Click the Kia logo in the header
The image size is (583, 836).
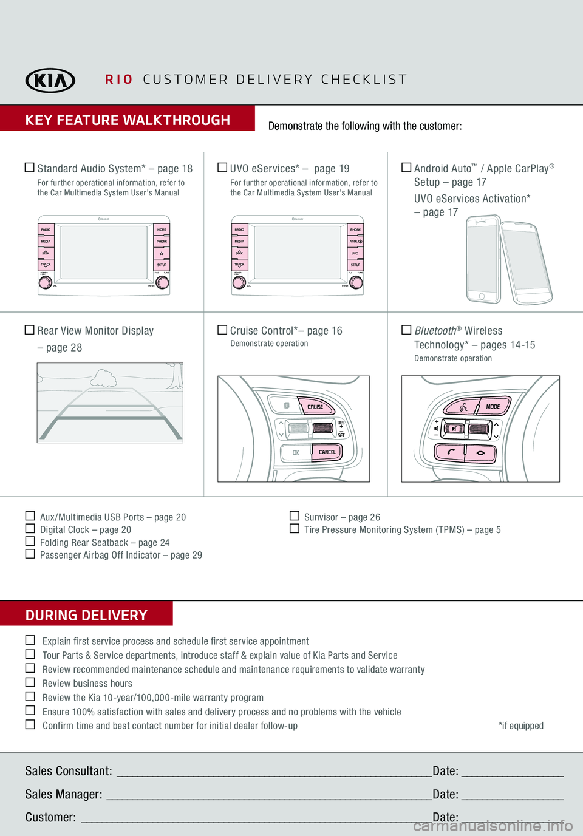(50, 80)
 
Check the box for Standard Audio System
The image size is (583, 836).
(29, 168)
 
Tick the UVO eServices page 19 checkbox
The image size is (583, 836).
(222, 168)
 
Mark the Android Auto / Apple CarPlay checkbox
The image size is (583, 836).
(406, 168)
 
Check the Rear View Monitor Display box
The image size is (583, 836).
(29, 330)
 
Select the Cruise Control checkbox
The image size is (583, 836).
(222, 330)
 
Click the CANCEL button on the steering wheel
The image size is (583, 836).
(327, 452)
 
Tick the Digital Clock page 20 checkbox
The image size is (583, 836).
(30, 528)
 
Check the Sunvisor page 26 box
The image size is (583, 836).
(295, 516)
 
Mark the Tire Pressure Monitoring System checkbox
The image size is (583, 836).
(295, 529)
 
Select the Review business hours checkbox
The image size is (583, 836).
(30, 682)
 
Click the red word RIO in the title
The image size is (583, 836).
(119, 80)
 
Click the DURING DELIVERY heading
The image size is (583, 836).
(86, 615)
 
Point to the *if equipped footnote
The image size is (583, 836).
(521, 726)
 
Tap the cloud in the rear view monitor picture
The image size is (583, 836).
(104, 378)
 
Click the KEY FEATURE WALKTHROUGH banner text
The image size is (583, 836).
(128, 120)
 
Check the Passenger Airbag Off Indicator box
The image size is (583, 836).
(30, 554)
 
